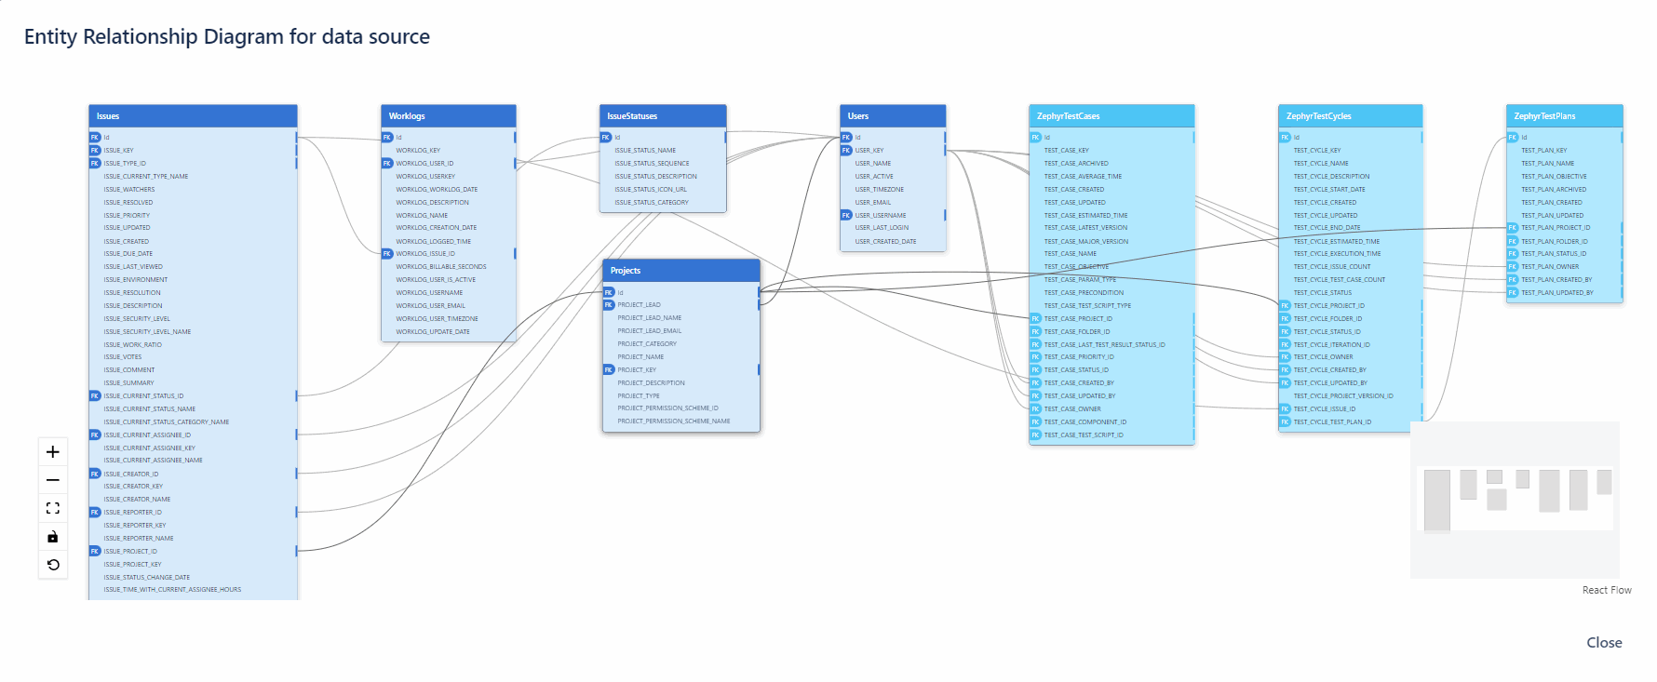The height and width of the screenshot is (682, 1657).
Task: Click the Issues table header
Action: tap(193, 116)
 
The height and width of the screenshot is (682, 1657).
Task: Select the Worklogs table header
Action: tap(448, 116)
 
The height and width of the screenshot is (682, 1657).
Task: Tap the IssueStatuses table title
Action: tap(663, 116)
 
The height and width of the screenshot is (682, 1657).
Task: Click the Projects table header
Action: tap(680, 271)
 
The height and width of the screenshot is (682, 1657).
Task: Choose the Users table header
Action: tap(892, 116)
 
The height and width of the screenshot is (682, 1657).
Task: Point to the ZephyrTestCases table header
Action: tap(1111, 116)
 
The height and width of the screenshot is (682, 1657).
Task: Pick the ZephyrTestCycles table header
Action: tap(1350, 116)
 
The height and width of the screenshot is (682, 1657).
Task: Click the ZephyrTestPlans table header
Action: tap(1564, 116)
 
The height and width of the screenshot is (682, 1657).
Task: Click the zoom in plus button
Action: tap(53, 452)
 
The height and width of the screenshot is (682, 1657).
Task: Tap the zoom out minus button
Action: tap(53, 480)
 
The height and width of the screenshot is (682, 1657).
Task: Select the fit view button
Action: tap(53, 508)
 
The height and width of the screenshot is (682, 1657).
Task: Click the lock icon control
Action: tap(53, 537)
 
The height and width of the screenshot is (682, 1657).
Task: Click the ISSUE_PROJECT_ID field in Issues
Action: tap(130, 552)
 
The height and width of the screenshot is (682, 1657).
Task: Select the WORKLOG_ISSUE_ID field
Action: tap(425, 254)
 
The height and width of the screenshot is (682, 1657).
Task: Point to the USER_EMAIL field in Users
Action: tap(873, 203)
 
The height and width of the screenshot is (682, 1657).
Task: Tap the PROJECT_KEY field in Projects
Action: tap(637, 370)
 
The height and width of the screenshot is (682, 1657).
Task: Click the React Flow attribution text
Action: tap(1607, 591)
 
